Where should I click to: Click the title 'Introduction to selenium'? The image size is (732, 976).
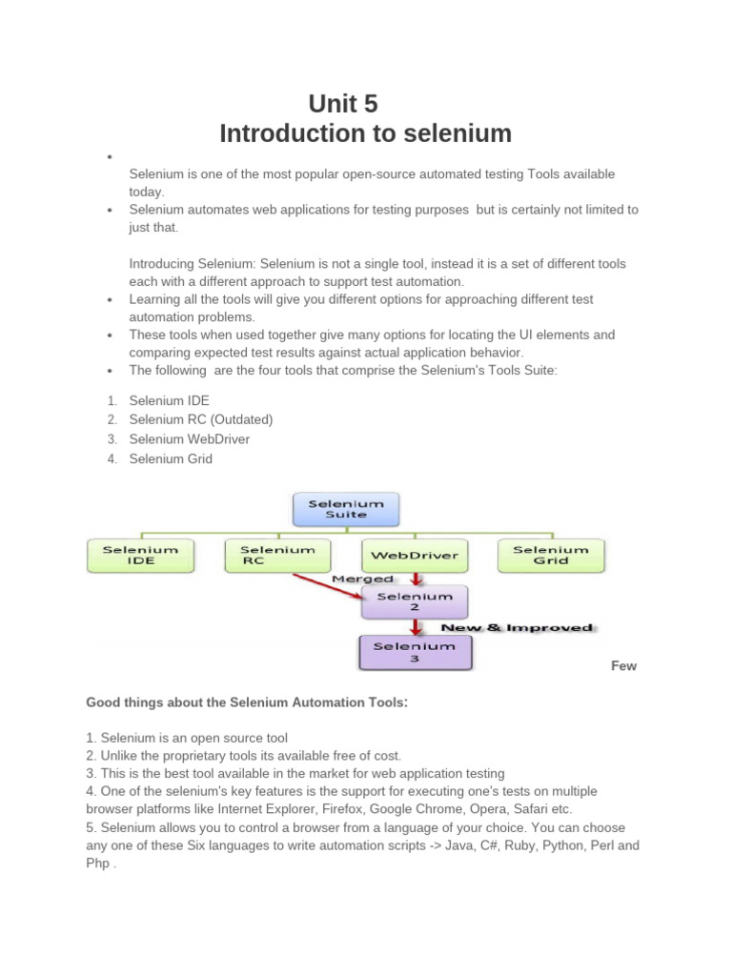365,133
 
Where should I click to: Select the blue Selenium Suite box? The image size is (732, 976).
345,509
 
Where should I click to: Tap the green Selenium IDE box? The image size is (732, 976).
140,555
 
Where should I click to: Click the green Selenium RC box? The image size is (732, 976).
277,555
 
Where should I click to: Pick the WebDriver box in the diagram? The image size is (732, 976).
415,555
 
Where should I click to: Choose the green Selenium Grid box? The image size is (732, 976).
551,555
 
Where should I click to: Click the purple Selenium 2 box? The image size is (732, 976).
415,601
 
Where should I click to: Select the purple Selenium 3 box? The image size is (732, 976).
415,652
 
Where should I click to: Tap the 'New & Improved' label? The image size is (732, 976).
516,627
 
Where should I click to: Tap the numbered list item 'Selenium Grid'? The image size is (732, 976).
171,458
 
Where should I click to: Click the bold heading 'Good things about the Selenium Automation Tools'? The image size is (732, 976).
246,702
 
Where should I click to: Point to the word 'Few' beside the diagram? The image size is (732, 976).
623,666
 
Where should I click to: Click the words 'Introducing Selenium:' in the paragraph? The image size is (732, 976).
193,263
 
